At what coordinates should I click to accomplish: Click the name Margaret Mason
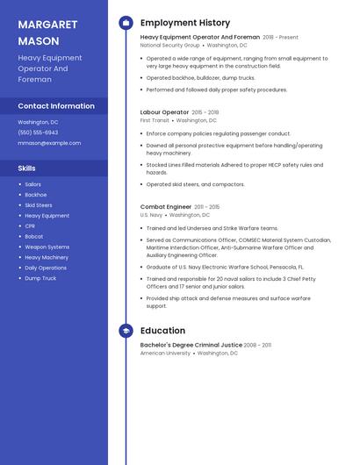47,33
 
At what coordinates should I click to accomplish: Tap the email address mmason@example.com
49,143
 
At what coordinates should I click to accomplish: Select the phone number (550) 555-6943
38,132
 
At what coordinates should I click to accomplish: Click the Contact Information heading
56,106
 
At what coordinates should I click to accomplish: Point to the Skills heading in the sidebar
27,168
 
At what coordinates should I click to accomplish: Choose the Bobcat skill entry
33,237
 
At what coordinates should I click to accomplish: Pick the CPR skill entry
30,226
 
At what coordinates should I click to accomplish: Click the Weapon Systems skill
47,247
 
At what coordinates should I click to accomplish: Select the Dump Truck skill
40,278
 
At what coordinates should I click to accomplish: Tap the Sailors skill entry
32,184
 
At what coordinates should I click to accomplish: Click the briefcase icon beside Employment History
126,23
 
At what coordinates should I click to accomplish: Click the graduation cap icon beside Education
126,331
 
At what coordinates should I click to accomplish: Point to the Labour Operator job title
164,112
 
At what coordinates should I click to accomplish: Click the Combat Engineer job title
166,207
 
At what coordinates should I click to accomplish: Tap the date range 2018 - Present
280,38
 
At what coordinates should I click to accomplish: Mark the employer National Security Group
170,46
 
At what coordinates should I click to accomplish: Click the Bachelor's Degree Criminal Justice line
191,346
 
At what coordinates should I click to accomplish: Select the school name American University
165,354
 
